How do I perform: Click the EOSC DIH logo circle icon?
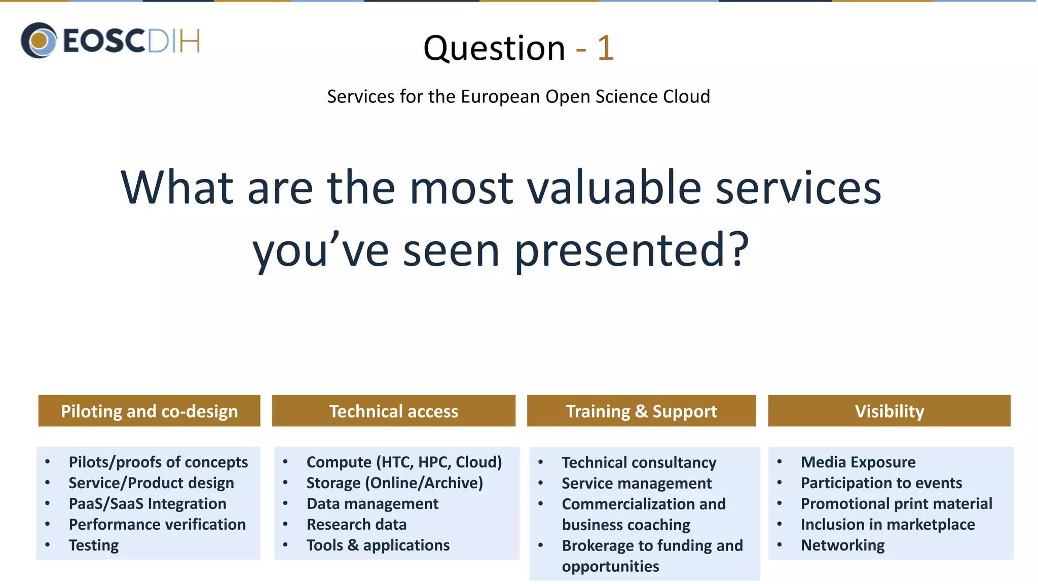pyautogui.click(x=39, y=40)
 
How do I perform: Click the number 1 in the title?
pyautogui.click(x=605, y=49)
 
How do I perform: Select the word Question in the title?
pyautogui.click(x=494, y=49)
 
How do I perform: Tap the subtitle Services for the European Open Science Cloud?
pyautogui.click(x=518, y=96)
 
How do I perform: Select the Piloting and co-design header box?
pyautogui.click(x=149, y=411)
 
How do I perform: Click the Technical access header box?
pyautogui.click(x=393, y=411)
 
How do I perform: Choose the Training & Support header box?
pyautogui.click(x=641, y=411)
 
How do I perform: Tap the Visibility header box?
pyautogui.click(x=889, y=411)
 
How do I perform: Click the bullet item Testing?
pyautogui.click(x=94, y=545)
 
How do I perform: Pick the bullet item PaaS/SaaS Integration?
pyautogui.click(x=147, y=503)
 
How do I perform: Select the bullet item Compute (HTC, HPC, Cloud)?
pyautogui.click(x=404, y=462)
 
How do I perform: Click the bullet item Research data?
pyautogui.click(x=356, y=524)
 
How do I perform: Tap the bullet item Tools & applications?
pyautogui.click(x=378, y=545)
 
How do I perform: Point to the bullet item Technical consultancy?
pyautogui.click(x=639, y=462)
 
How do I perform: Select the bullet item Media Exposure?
pyautogui.click(x=858, y=462)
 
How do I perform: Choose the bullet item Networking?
pyautogui.click(x=842, y=545)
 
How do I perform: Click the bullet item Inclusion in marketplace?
pyautogui.click(x=887, y=524)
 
